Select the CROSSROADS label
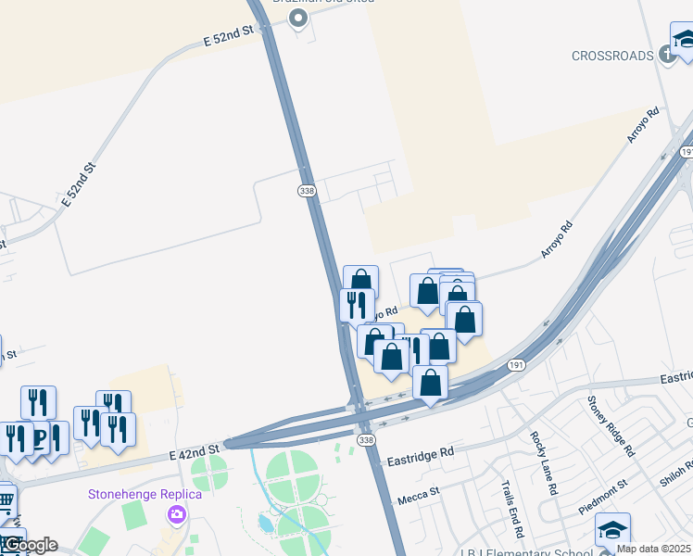[x=612, y=56]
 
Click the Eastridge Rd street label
[x=421, y=453]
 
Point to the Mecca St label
[x=418, y=499]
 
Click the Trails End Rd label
[x=512, y=509]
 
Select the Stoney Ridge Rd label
[x=609, y=426]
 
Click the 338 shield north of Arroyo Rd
[x=308, y=190]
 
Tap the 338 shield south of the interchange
[x=366, y=439]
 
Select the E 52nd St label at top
[x=228, y=38]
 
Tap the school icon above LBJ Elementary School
[x=611, y=530]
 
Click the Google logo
[x=30, y=545]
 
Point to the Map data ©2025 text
[x=654, y=549]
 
